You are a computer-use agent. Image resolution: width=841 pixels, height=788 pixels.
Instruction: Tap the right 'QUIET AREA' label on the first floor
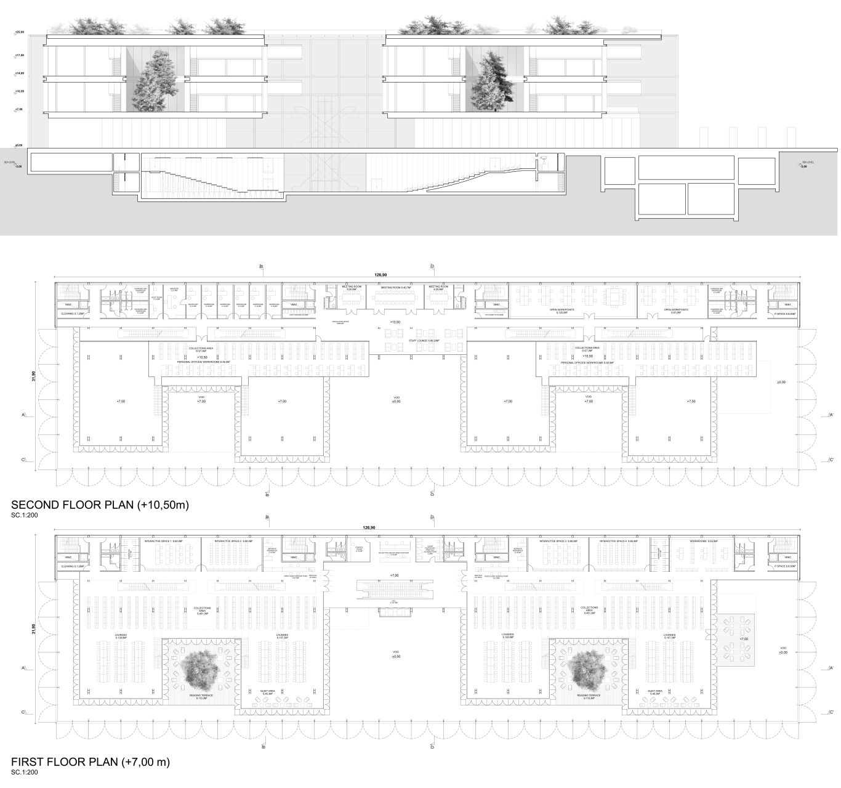[654, 692]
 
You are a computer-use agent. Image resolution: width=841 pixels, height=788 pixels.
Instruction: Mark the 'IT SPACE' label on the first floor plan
[784, 566]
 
